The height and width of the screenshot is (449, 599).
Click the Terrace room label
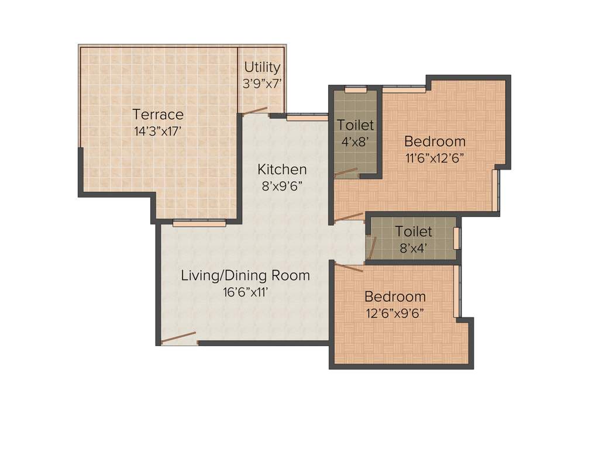point(157,115)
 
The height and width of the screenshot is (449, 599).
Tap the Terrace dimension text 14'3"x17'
point(157,131)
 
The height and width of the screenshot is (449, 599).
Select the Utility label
point(262,67)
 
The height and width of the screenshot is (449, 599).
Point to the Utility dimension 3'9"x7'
point(262,84)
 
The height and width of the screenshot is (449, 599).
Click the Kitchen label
point(282,170)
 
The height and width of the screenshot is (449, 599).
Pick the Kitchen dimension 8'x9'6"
point(282,186)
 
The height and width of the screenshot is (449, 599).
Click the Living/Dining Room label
point(245,275)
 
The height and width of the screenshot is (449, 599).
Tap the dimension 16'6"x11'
point(245,292)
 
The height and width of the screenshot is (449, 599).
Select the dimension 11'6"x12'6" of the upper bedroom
point(435,158)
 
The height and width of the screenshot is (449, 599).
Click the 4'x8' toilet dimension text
point(355,141)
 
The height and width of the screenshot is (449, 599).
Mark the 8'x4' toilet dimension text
point(413,248)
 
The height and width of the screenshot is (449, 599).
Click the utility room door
point(255,110)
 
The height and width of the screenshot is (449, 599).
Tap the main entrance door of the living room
point(178,338)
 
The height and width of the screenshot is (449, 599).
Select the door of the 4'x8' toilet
point(345,172)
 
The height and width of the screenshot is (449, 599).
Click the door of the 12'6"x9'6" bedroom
point(349,267)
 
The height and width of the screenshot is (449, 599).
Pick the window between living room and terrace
point(199,223)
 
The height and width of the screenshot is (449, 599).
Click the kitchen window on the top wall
point(307,117)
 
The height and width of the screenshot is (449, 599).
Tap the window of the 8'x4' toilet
point(457,239)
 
